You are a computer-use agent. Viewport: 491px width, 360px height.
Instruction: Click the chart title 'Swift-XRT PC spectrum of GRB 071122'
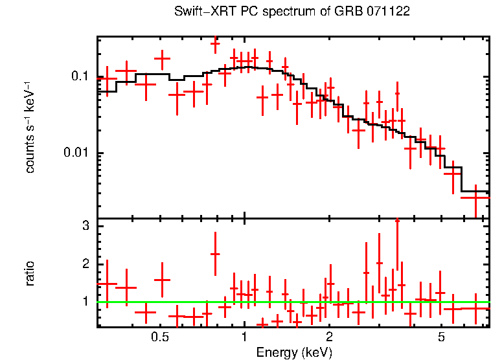click(292, 12)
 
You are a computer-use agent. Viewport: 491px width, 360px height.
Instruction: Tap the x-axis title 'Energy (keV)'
click(293, 353)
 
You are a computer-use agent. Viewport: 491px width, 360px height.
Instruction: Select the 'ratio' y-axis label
click(30, 273)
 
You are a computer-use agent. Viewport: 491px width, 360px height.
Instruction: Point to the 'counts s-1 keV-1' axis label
click(30, 127)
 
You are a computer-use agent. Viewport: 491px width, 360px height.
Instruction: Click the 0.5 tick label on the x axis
click(160, 337)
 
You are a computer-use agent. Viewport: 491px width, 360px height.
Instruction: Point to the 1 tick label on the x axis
click(244, 337)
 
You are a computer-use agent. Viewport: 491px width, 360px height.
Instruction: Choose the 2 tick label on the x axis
click(329, 337)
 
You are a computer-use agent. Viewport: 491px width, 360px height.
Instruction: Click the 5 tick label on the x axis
click(441, 337)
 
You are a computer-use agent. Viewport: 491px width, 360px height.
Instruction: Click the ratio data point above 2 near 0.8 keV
click(215, 254)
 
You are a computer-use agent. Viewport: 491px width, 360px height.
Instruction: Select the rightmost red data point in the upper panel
click(475, 197)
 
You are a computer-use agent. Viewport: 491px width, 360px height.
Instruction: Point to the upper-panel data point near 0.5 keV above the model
click(162, 59)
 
